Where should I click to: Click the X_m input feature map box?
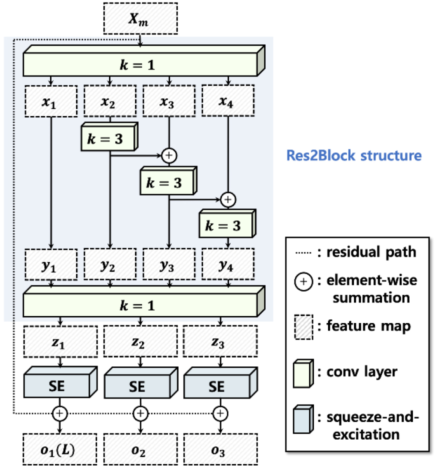[x=141, y=19]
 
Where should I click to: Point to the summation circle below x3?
[x=169, y=155]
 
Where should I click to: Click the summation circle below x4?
[x=228, y=199]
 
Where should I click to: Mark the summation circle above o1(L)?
[x=60, y=413]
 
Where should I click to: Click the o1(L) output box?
[x=60, y=448]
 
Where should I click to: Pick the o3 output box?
[x=219, y=448]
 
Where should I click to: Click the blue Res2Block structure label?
[x=354, y=155]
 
